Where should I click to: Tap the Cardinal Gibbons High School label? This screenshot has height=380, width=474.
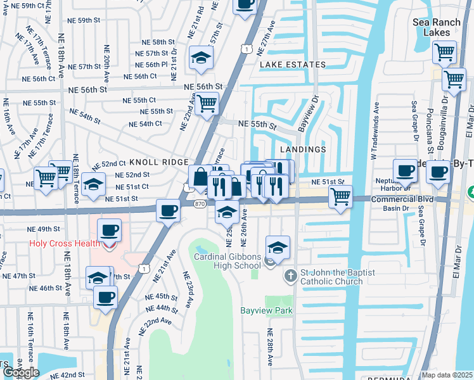point(227,261)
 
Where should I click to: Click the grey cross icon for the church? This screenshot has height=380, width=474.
point(290,275)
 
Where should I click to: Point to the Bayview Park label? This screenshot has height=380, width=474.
point(266,311)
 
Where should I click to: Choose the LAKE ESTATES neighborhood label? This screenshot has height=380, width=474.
point(292,65)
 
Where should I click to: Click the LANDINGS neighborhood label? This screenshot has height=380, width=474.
point(302,149)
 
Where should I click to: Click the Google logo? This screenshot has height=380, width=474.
point(20,372)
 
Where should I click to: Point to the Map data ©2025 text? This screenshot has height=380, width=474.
point(447,375)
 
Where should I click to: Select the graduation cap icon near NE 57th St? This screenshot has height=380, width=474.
point(201,58)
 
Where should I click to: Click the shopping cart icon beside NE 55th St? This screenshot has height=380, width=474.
point(207,103)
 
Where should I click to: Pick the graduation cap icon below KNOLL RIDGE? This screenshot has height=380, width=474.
point(93,184)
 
